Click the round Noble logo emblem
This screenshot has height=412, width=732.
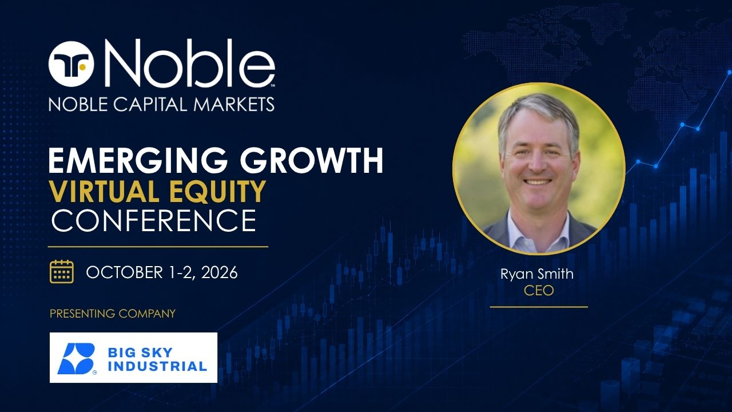pyautogui.click(x=71, y=64)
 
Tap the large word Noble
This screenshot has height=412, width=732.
pyautogui.click(x=189, y=64)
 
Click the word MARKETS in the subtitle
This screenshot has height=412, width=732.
pyautogui.click(x=234, y=104)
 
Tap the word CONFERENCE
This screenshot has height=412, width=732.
pyautogui.click(x=154, y=221)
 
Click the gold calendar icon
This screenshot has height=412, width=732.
pyautogui.click(x=61, y=271)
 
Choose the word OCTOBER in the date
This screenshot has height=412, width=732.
pyautogui.click(x=124, y=272)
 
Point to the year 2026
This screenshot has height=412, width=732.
pyautogui.click(x=219, y=272)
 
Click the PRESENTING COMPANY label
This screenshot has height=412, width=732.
pyautogui.click(x=113, y=314)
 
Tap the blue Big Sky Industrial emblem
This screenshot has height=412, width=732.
pyautogui.click(x=76, y=358)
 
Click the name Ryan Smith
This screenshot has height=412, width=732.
pyautogui.click(x=537, y=274)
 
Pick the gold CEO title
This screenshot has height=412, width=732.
pyautogui.click(x=539, y=290)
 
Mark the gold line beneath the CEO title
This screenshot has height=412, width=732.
pyautogui.click(x=539, y=307)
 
